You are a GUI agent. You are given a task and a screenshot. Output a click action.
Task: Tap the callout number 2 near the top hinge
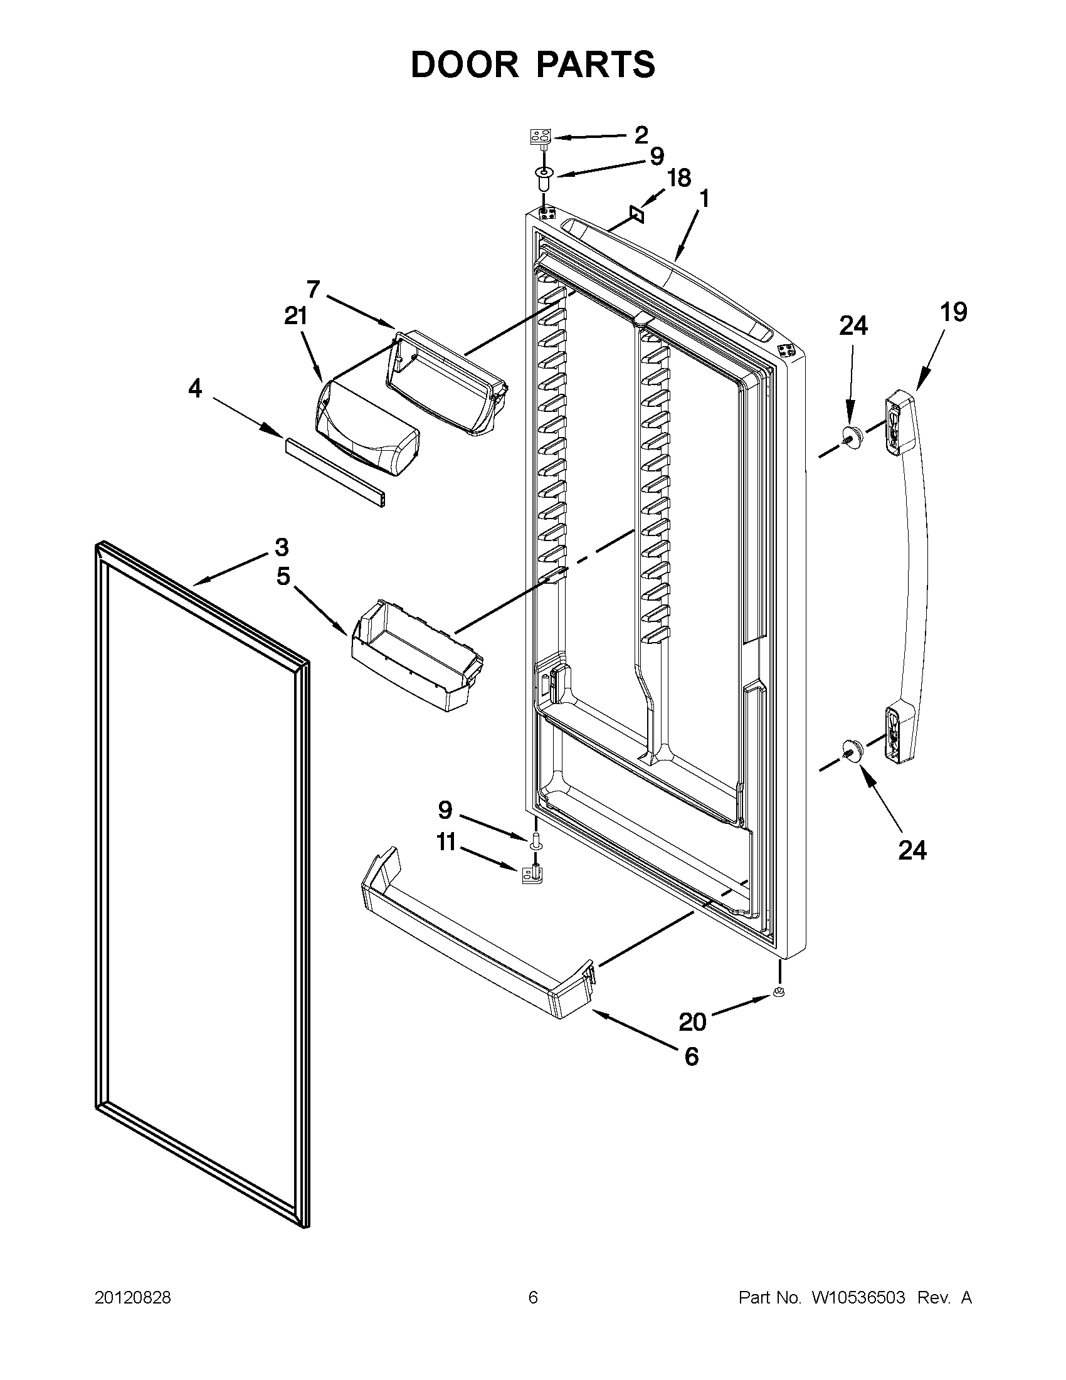641,135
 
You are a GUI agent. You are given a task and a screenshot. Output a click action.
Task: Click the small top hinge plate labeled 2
540,137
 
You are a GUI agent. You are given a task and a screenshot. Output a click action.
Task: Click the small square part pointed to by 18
636,215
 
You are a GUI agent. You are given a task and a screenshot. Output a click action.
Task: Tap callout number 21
296,315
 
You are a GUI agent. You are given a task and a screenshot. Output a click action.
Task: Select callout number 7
313,290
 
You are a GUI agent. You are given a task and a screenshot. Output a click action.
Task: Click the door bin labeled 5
417,657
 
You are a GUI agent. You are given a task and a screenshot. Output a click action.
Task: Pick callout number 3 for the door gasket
282,547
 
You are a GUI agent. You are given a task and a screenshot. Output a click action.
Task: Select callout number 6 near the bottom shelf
691,1056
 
